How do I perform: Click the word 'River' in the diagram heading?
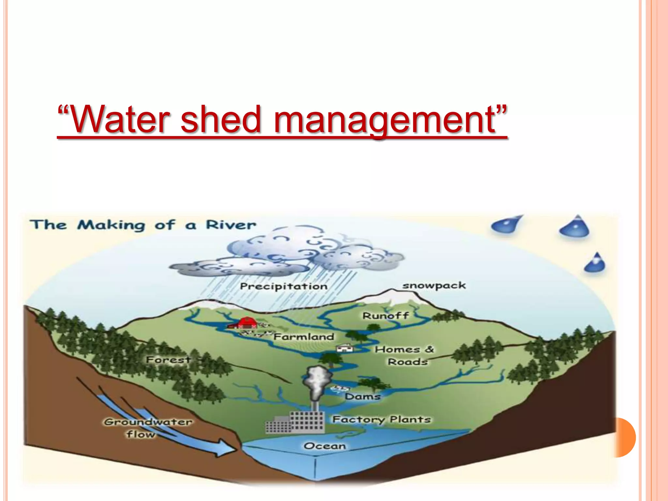pyautogui.click(x=231, y=225)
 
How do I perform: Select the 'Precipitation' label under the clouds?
pyautogui.click(x=283, y=286)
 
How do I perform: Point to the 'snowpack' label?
pyautogui.click(x=434, y=286)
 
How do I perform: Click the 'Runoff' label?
pyautogui.click(x=386, y=316)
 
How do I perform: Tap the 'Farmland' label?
pyautogui.click(x=304, y=337)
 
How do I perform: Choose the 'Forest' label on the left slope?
pyautogui.click(x=168, y=360)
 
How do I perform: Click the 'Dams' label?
pyautogui.click(x=363, y=397)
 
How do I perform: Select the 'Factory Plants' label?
pyautogui.click(x=382, y=419)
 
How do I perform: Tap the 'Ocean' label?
pyautogui.click(x=325, y=446)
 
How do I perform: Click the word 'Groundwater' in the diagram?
pyautogui.click(x=148, y=422)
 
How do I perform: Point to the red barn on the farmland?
pyautogui.click(x=247, y=323)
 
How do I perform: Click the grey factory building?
pyautogui.click(x=295, y=423)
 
